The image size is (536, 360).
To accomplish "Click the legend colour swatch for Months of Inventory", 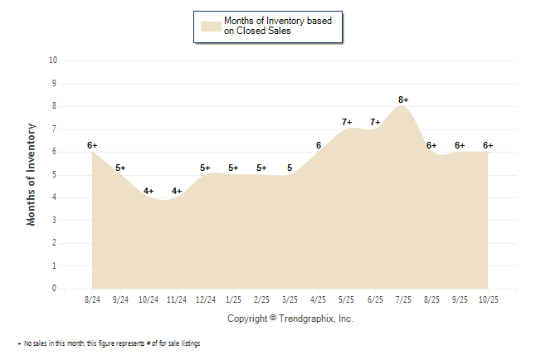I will tap(211, 26).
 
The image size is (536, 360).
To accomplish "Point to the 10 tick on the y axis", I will tap(53, 61).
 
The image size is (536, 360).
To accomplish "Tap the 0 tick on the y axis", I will tap(54, 289).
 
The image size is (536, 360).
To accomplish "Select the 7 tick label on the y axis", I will tap(54, 129).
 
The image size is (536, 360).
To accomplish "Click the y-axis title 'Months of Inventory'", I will tap(32, 174).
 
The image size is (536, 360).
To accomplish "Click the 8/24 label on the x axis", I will tap(92, 299).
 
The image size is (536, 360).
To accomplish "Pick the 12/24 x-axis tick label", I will tap(205, 299).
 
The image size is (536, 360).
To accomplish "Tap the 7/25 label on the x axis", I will tap(402, 299).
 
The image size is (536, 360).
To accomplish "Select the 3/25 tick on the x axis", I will tap(290, 299).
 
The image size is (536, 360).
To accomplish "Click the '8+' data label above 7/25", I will tap(403, 100).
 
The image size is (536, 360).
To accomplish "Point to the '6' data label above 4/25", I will tap(319, 145).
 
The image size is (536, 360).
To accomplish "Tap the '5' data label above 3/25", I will tap(290, 168).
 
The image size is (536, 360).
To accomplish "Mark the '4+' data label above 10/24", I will tap(149, 191).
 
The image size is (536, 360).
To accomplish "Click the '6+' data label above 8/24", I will tap(92, 145).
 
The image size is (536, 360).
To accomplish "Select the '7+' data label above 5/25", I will tap(347, 122).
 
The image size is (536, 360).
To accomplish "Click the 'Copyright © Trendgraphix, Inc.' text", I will tap(290, 318).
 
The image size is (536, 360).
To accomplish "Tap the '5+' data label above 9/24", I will tap(121, 168).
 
